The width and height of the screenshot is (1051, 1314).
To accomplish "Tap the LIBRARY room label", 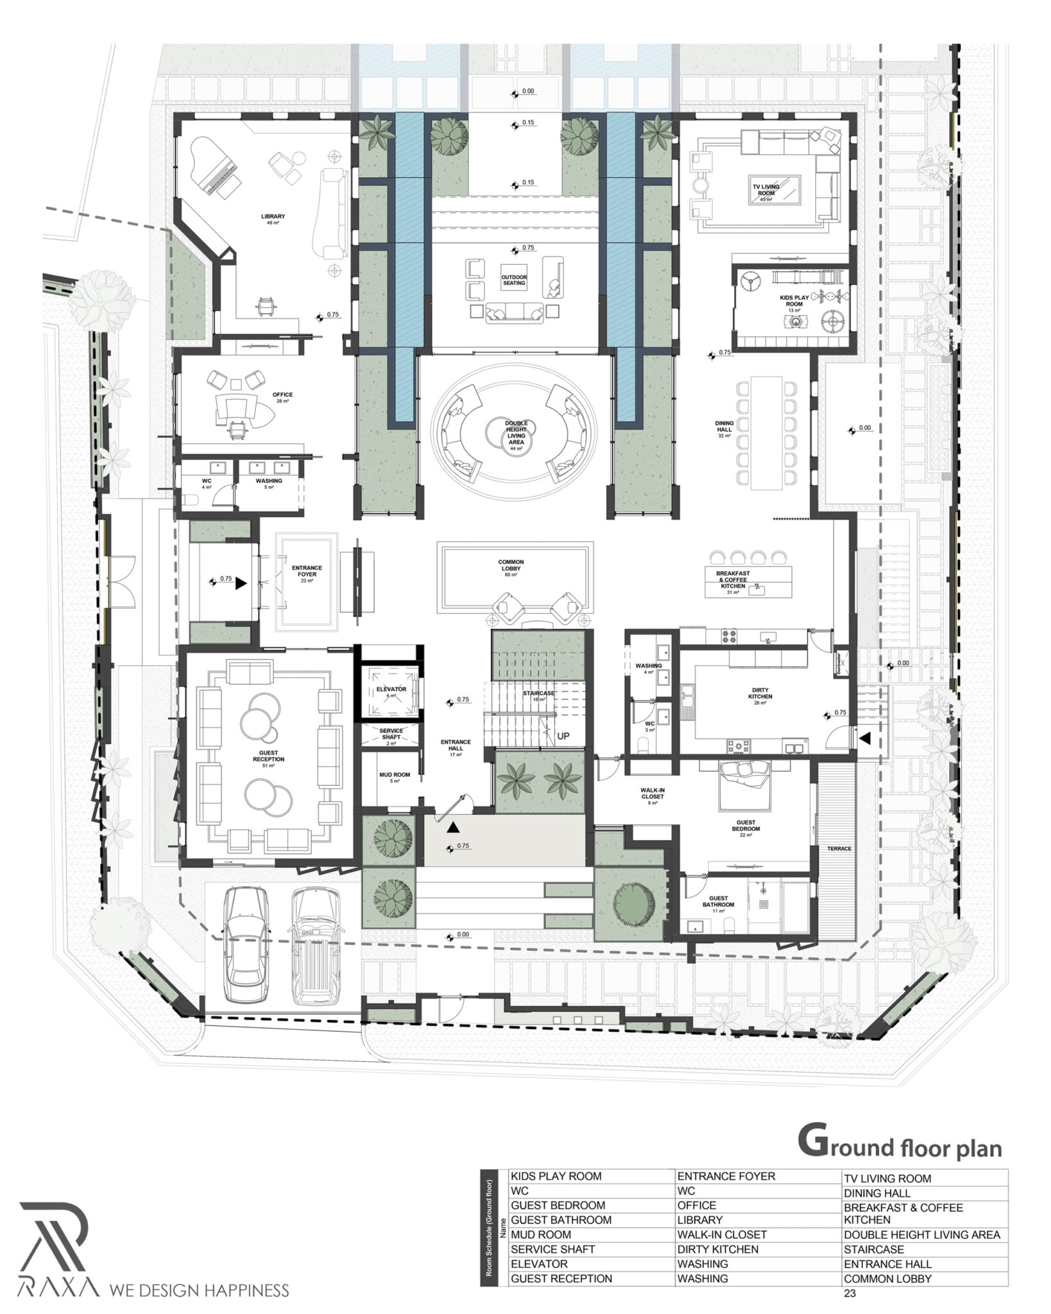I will point(273,217).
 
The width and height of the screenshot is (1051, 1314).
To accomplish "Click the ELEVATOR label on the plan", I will point(391,689).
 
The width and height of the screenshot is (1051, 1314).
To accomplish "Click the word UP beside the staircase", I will point(563,736).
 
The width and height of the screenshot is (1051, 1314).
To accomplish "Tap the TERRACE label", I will point(839,849).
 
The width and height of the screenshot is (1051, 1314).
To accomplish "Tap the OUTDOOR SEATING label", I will point(513,280).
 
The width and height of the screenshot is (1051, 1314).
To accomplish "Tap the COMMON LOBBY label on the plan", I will point(511,565).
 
